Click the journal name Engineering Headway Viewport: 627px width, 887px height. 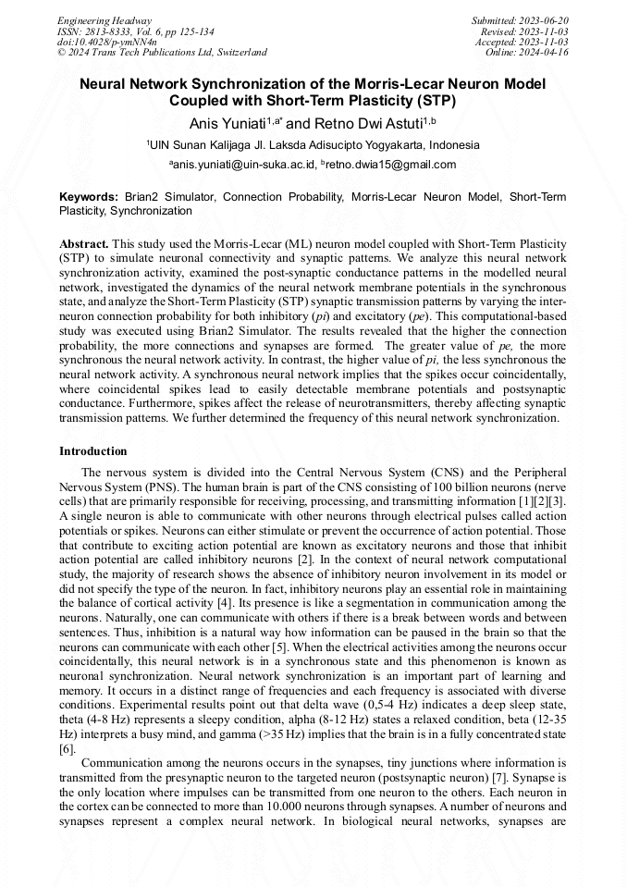click(x=104, y=20)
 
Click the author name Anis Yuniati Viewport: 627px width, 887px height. click(x=227, y=123)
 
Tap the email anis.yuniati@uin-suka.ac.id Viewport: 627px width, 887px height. click(x=243, y=166)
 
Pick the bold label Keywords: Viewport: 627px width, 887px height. click(x=89, y=197)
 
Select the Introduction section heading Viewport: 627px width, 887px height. click(x=93, y=451)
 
